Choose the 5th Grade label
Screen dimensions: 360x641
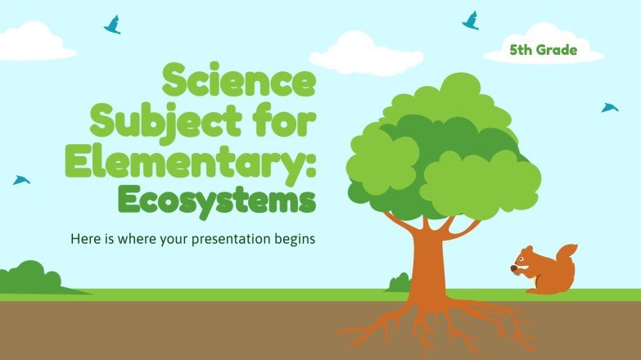[x=544, y=51]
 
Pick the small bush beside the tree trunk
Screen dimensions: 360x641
[x=399, y=282]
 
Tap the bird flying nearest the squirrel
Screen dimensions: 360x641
[x=609, y=107]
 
